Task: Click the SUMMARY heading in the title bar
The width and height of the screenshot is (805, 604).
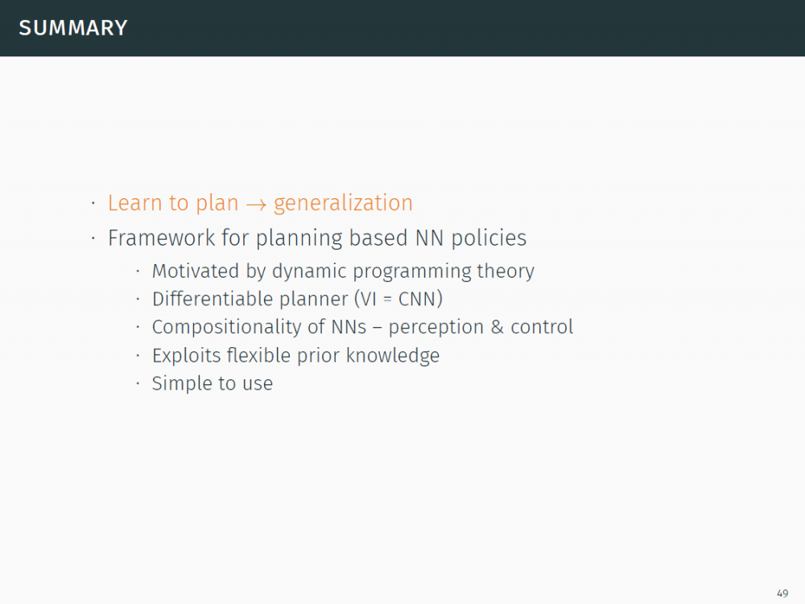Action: coord(73,27)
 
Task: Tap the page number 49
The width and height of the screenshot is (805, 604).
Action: coord(782,594)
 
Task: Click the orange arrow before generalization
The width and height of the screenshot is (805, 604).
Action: coord(256,205)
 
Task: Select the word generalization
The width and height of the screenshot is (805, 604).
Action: coord(343,204)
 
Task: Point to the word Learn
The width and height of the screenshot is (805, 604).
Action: coord(135,203)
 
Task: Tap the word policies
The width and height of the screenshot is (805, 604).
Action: coord(489,238)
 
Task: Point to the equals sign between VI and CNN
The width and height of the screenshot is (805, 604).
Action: coord(387,300)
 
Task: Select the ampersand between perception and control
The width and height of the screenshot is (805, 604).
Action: coord(497,327)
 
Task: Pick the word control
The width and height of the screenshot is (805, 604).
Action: coord(542,327)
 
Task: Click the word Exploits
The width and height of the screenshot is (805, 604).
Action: coord(187,355)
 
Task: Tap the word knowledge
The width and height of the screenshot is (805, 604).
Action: coord(393,355)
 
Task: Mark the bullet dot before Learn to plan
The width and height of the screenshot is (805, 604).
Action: coord(93,204)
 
